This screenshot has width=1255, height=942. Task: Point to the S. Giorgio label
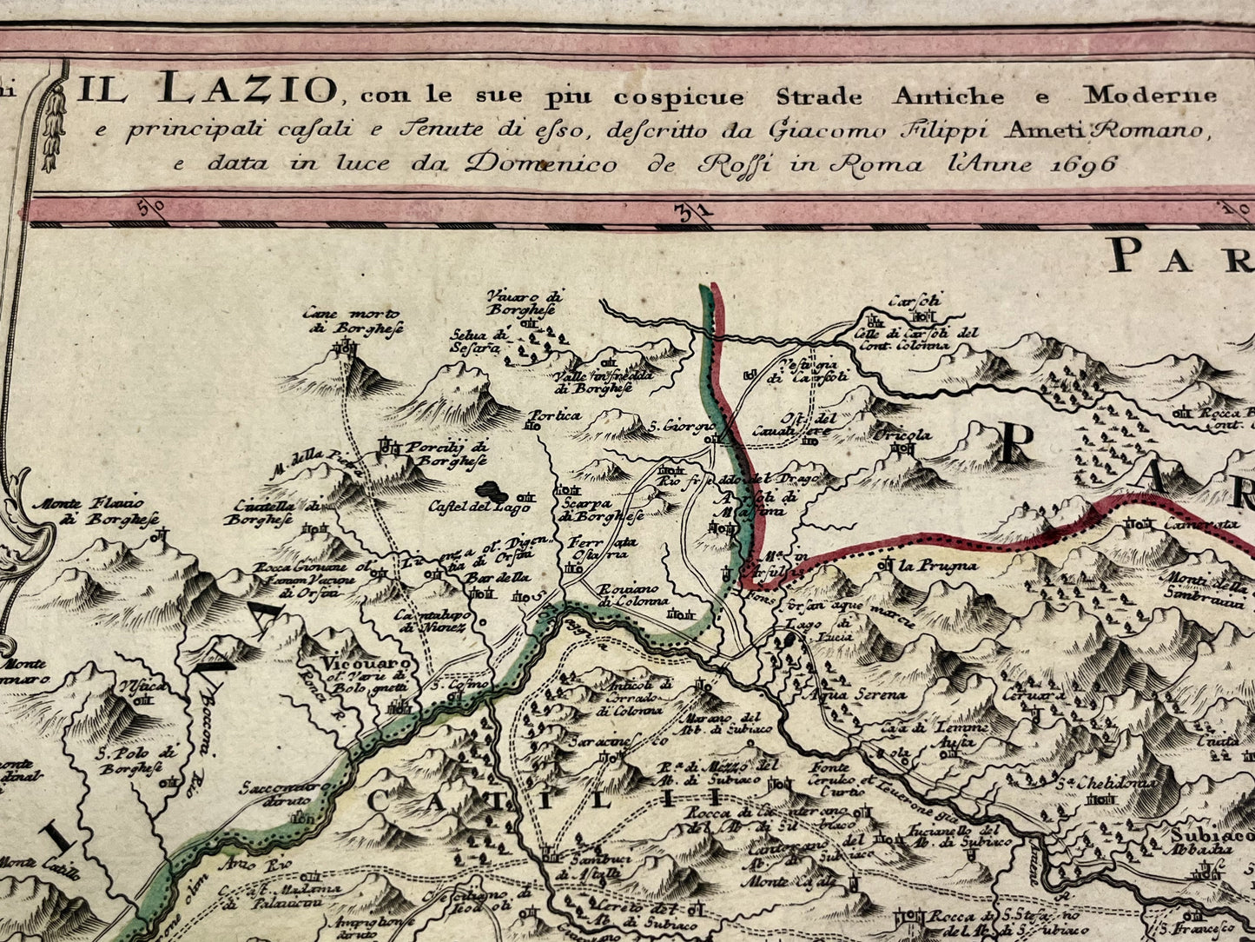[x=682, y=427]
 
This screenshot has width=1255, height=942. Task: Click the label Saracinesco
[x=618, y=741]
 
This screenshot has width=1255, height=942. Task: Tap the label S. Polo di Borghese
[x=131, y=760]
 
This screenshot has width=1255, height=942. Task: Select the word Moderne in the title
[x=1150, y=95]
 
